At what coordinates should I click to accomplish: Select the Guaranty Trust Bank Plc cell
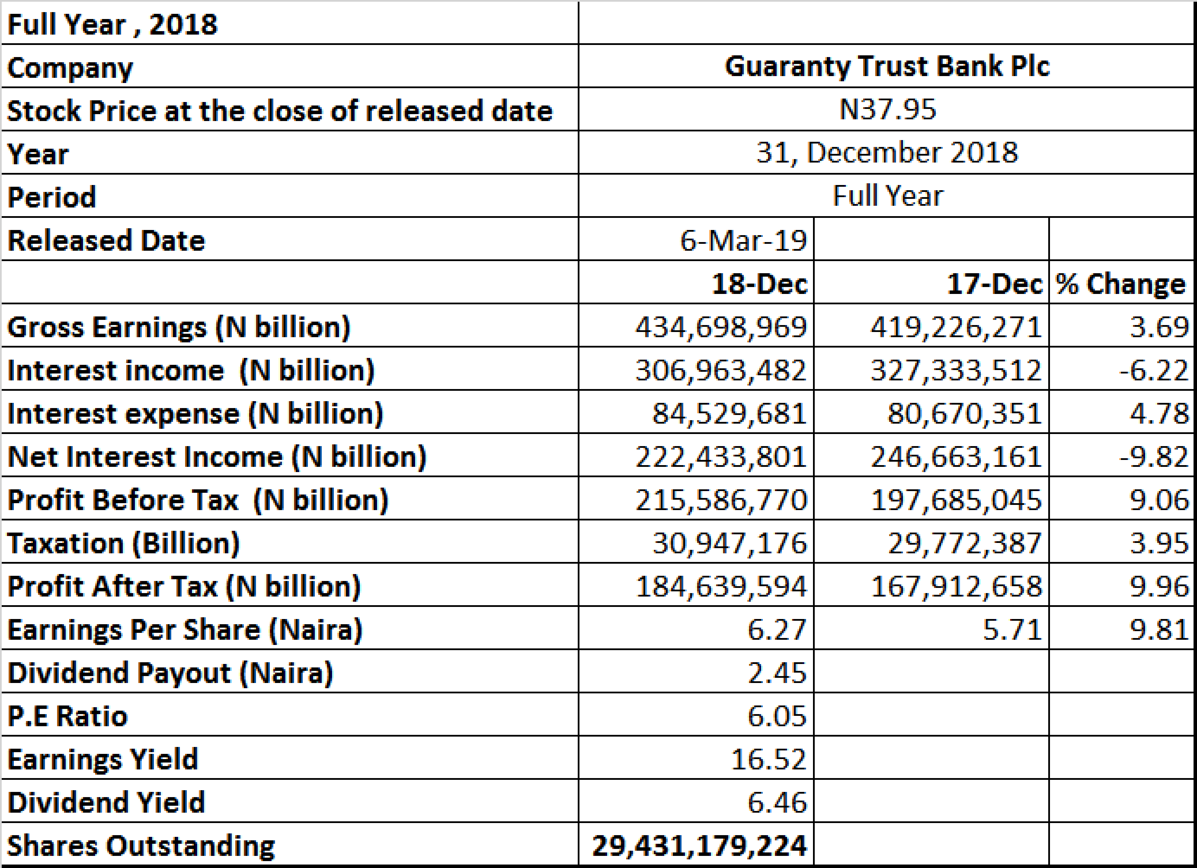pyautogui.click(x=887, y=66)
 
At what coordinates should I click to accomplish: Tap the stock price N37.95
pyautogui.click(x=887, y=110)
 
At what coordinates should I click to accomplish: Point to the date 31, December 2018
pyautogui.click(x=887, y=153)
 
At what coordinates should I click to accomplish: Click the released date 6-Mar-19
pyautogui.click(x=743, y=241)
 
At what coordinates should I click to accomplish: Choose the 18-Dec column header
pyautogui.click(x=759, y=284)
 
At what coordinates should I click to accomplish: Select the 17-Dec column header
pyautogui.click(x=994, y=284)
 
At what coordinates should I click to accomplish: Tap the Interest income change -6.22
pyautogui.click(x=1154, y=370)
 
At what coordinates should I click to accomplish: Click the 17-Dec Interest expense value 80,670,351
pyautogui.click(x=964, y=414)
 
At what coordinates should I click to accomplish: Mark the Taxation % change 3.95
pyautogui.click(x=1159, y=544)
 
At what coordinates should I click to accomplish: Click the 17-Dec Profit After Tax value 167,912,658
pyautogui.click(x=956, y=587)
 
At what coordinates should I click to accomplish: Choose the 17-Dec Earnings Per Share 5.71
pyautogui.click(x=1012, y=630)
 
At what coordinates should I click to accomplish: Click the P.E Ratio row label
pyautogui.click(x=67, y=717)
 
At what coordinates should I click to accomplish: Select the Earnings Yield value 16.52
pyautogui.click(x=768, y=760)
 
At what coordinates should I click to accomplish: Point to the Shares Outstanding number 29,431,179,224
pyautogui.click(x=699, y=846)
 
